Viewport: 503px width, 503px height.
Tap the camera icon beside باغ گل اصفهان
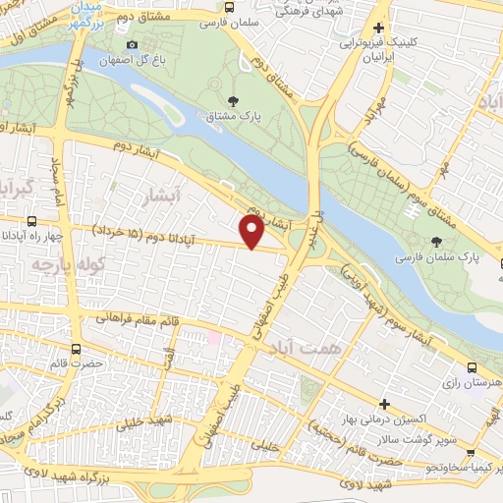click(133, 44)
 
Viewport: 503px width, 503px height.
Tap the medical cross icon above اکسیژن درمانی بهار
click(384, 404)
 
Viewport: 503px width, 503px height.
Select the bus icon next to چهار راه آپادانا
click(32, 220)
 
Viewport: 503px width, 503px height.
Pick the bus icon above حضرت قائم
click(77, 348)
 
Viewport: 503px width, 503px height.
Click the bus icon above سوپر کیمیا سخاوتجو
click(473, 454)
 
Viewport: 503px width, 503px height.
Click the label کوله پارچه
click(53, 266)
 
